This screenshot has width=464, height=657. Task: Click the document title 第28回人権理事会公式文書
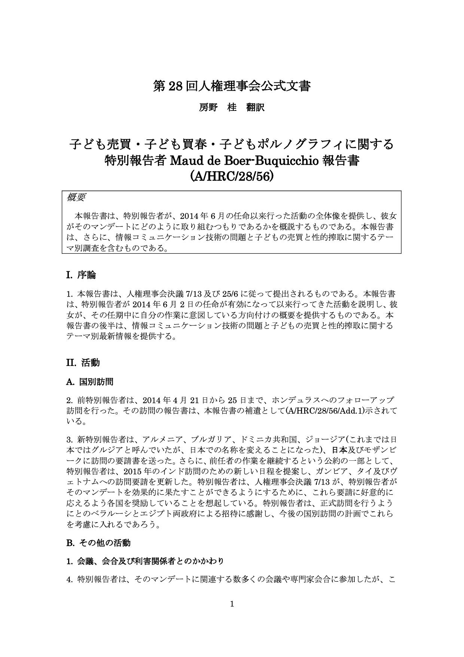[232, 87]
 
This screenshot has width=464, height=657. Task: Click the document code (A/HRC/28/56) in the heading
[232, 176]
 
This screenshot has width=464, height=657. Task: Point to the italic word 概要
[76, 197]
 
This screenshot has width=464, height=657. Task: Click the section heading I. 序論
[81, 275]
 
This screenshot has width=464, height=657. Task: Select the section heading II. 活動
[83, 363]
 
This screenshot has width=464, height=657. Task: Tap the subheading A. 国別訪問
[90, 382]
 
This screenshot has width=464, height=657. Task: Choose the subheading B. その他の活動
[98, 542]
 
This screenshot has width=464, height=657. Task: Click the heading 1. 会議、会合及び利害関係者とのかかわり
[145, 561]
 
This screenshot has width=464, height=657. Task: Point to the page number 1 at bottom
[232, 604]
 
